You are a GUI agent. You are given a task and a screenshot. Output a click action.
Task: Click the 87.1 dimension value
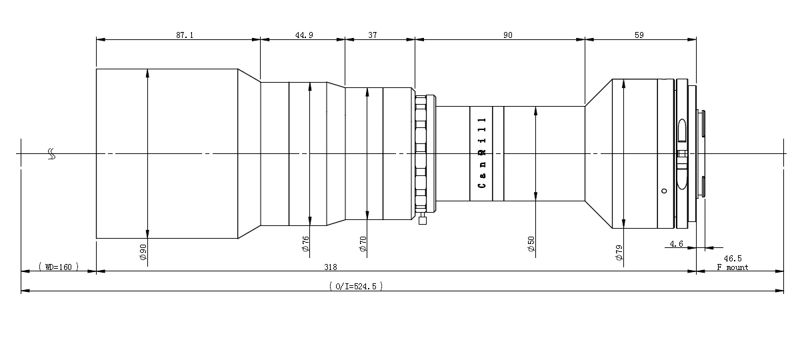point(185,35)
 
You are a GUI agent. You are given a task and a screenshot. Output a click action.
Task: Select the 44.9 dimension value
point(304,35)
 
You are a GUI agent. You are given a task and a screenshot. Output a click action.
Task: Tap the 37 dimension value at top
point(373,35)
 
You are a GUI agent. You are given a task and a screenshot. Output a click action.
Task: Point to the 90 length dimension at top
point(507,35)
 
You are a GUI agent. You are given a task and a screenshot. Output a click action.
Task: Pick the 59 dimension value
point(639,35)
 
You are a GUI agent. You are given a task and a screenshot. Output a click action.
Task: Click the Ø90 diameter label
point(143,253)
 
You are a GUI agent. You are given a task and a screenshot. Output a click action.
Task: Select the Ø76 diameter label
point(306,244)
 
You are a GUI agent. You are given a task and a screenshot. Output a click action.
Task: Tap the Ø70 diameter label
point(363,244)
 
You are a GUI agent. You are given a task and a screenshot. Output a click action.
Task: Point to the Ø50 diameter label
point(531,244)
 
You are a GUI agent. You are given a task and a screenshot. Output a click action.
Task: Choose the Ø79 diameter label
point(619,253)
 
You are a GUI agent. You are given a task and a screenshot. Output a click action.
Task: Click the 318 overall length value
point(331,267)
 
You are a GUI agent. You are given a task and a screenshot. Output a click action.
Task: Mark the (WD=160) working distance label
point(59,267)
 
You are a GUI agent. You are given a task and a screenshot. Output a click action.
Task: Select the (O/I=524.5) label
point(356,286)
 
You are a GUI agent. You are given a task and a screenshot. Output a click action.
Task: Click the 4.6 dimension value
point(676,243)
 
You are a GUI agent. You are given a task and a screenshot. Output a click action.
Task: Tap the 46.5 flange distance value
point(733,258)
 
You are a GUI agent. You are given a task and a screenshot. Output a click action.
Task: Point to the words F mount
point(733,267)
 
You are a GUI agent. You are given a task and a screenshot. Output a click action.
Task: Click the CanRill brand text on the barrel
point(482,153)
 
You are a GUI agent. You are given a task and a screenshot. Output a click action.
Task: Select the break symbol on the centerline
point(52,154)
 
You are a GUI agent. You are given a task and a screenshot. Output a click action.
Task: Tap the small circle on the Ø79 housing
point(664,191)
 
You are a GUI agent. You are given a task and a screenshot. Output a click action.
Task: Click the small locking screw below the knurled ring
point(422,219)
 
